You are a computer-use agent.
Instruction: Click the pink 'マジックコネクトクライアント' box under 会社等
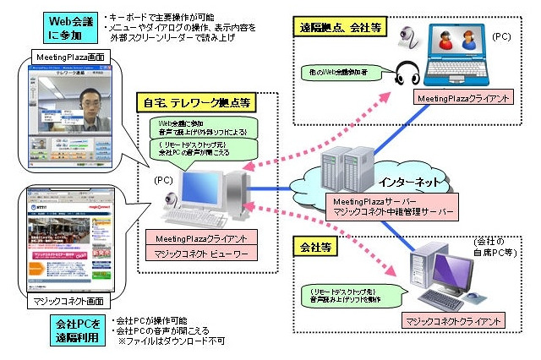pyautogui.click(x=453, y=320)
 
